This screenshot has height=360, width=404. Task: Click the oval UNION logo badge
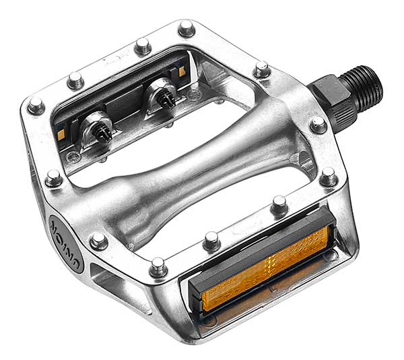click(67, 244)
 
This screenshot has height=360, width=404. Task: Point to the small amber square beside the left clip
click(61, 134)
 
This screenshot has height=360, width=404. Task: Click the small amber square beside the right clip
click(182, 71)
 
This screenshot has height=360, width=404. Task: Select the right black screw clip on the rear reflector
click(168, 99)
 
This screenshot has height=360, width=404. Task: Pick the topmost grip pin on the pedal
click(186, 28)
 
